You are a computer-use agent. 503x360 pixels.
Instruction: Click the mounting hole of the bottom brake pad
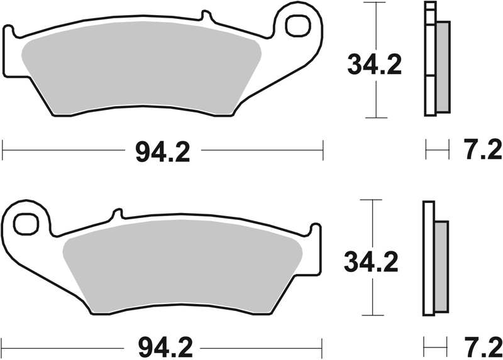27,223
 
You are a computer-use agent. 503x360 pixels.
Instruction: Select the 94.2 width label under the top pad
163,151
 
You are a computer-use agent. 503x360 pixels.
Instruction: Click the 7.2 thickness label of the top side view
484,151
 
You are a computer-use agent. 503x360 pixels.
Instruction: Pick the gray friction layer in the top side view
443,66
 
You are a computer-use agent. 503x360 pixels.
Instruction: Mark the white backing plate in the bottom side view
428,264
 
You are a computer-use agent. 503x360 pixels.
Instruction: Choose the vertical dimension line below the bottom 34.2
373,295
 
